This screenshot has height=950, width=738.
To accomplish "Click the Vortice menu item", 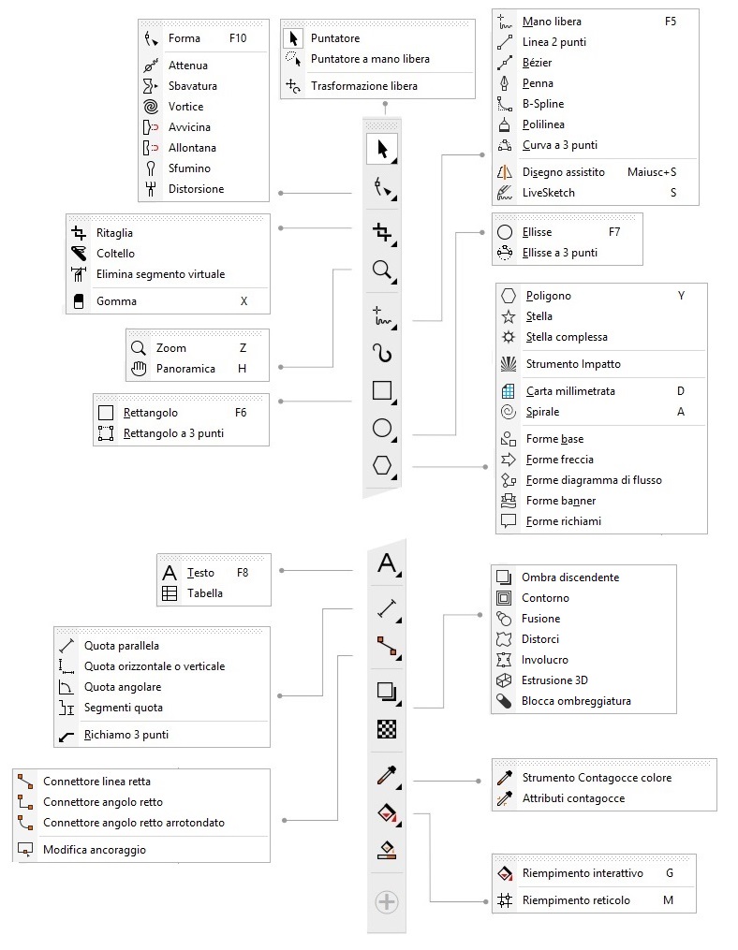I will coord(185,107).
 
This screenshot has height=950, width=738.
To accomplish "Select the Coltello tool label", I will coord(115,254).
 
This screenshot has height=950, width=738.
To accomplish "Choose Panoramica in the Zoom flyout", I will coord(185,369).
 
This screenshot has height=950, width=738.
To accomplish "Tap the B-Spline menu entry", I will coord(543,104).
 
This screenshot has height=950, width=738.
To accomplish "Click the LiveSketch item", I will coord(549,193).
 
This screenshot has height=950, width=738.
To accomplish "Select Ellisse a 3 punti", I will coord(559,253).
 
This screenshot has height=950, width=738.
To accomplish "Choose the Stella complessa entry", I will coord(567,337).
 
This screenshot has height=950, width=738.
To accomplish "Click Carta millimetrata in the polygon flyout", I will coord(570,391).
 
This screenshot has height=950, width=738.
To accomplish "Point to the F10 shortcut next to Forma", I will coord(238,39).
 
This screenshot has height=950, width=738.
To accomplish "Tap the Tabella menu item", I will coord(205,593).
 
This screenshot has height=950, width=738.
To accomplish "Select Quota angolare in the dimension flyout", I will coord(123,687).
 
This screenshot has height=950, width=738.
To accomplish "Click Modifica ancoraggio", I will coord(95,850).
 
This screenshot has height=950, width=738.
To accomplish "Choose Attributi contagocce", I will coord(573,798).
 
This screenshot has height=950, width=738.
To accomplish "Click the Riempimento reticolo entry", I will coord(575,900).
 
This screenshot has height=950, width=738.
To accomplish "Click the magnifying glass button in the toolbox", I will coord(382,270).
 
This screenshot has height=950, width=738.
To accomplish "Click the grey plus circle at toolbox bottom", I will coord(386,902).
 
